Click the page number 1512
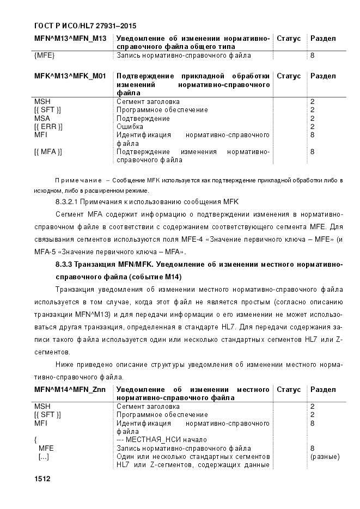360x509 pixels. point(42,479)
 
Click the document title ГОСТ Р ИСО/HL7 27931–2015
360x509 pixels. point(85,26)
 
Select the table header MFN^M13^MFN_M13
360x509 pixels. point(70,39)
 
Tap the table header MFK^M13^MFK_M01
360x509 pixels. point(70,76)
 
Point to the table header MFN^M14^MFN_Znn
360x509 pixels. point(70,390)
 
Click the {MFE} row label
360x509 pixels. point(44,56)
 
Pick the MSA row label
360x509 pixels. point(41,118)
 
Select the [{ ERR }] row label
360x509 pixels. point(48,126)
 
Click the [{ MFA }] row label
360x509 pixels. point(48,152)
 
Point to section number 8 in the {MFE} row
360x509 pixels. point(312,56)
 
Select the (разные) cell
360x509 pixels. point(325,456)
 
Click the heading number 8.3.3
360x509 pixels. point(66,265)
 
